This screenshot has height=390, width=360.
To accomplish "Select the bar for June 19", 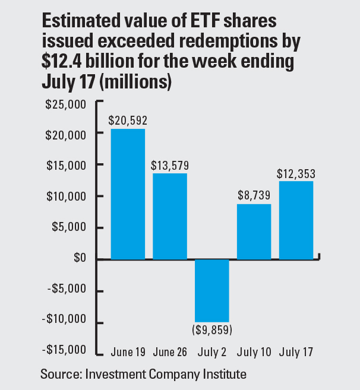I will tap(128, 194).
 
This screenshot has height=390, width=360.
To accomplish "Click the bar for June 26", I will tap(170, 216).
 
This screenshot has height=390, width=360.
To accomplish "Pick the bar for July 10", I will tap(254, 232).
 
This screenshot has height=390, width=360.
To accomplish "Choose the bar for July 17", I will tap(296, 220).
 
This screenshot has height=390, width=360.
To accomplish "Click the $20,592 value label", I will tap(128, 120).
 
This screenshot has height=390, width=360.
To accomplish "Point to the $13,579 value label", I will tap(169, 164).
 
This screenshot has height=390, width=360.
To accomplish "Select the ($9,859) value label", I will tap(212, 330).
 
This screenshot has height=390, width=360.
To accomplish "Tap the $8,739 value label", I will tap(254, 195).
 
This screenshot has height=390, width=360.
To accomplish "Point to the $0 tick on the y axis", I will tap(80, 259).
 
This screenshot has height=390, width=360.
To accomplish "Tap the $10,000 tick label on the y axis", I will tap(67, 196).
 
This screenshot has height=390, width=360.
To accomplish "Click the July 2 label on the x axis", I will tap(212, 351).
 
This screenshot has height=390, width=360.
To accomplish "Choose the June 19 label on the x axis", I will tap(128, 351).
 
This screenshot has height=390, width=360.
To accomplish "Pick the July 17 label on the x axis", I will tap(296, 351).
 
